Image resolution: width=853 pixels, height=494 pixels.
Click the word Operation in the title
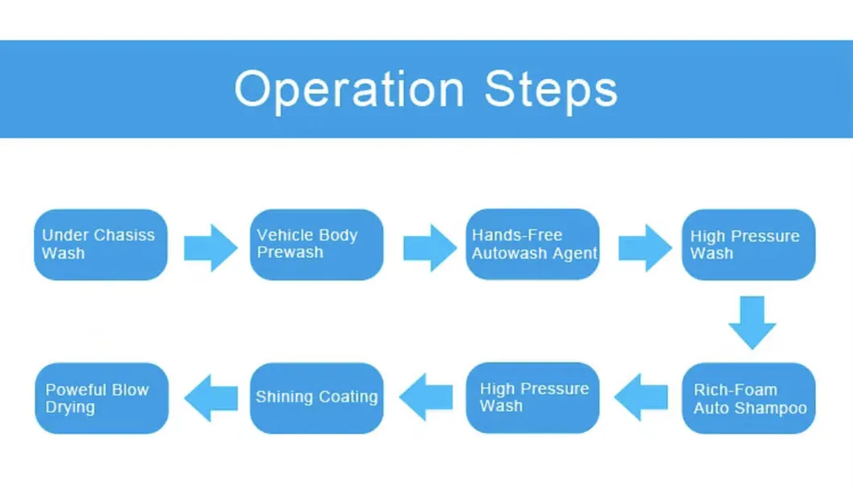pyautogui.click(x=349, y=89)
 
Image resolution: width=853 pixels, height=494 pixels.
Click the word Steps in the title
pyautogui.click(x=551, y=89)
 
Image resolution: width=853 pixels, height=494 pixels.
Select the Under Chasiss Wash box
pyautogui.click(x=101, y=244)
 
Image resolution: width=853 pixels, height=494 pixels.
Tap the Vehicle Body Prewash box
pyautogui.click(x=317, y=244)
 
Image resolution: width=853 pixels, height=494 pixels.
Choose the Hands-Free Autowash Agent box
pyautogui.click(x=532, y=244)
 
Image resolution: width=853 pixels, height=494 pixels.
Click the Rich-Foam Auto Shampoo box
pyautogui.click(x=748, y=398)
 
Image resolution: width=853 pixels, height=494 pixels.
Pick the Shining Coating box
pyautogui.click(x=317, y=397)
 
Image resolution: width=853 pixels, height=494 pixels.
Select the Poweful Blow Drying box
pyautogui.click(x=101, y=398)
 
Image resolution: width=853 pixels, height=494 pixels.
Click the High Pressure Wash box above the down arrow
pyautogui.click(x=748, y=244)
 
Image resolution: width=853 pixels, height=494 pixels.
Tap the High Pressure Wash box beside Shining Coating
pyautogui.click(x=532, y=397)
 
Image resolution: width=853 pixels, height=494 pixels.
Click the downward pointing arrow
pyautogui.click(x=752, y=322)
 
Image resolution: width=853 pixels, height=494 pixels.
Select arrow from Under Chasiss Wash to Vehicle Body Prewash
pyautogui.click(x=210, y=247)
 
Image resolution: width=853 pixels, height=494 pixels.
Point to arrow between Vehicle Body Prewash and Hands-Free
pyautogui.click(x=429, y=247)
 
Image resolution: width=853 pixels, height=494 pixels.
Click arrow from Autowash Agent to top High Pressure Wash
pyautogui.click(x=644, y=247)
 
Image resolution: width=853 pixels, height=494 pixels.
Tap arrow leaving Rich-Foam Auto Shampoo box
pyautogui.click(x=641, y=397)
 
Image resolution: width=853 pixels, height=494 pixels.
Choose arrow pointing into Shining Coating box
pyautogui.click(x=426, y=397)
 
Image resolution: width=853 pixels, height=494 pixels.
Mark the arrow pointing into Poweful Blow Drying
pyautogui.click(x=211, y=397)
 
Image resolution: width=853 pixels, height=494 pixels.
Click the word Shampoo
pyautogui.click(x=772, y=408)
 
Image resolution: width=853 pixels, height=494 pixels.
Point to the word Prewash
pyautogui.click(x=290, y=253)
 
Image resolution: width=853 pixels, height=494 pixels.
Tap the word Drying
pyautogui.click(x=70, y=408)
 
